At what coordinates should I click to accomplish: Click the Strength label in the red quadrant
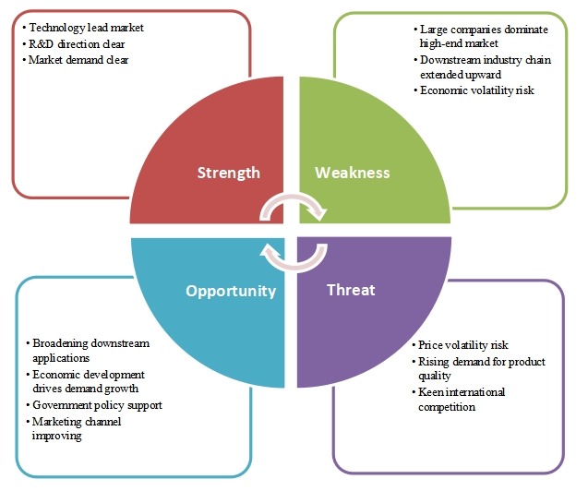(230, 173)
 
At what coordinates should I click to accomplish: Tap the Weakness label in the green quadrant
(353, 173)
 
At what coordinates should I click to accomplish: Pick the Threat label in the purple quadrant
(351, 290)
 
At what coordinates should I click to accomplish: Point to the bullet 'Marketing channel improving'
(81, 428)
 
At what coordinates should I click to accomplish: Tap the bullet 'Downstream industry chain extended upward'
(480, 66)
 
